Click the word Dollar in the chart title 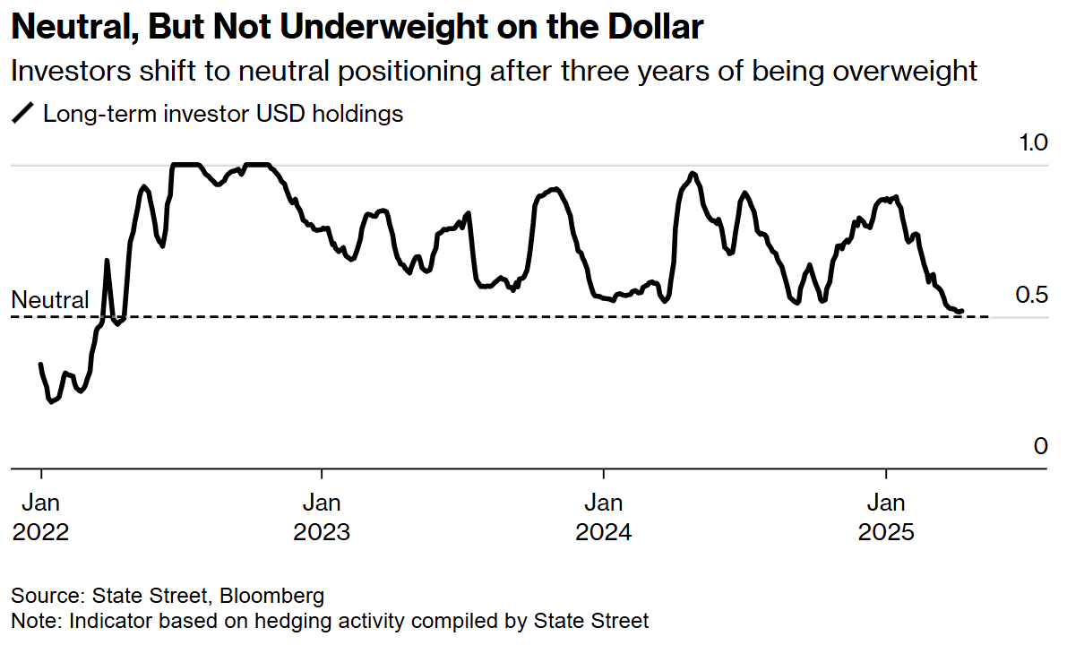pos(655,28)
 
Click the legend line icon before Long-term pos(23,114)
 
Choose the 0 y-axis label pos(1040,446)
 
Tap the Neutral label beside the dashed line pos(50,300)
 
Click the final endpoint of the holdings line pos(962,312)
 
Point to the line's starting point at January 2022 pos(40,364)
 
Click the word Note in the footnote pos(31,620)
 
